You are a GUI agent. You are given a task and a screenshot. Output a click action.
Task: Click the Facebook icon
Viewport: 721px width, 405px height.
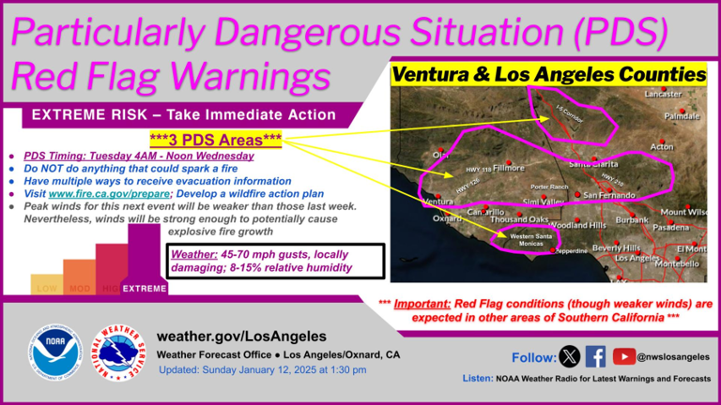[x=595, y=356]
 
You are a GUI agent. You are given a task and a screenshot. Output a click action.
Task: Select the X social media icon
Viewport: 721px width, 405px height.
[x=569, y=356]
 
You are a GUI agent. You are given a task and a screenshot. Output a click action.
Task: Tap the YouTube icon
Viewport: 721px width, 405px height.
[x=623, y=356]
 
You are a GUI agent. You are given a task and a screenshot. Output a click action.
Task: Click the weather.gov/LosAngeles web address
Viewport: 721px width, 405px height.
[x=241, y=336]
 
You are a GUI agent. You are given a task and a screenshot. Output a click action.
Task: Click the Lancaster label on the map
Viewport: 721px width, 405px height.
[x=664, y=95]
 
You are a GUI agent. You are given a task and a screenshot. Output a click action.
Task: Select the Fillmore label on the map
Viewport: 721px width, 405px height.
[x=509, y=168]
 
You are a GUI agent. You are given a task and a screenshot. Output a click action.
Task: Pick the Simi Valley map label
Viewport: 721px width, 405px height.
[x=544, y=202]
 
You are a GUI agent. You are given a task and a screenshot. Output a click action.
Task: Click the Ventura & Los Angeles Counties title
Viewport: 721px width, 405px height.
[x=548, y=74]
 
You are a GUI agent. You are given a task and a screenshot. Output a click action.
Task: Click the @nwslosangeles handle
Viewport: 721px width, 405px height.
[x=673, y=356]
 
